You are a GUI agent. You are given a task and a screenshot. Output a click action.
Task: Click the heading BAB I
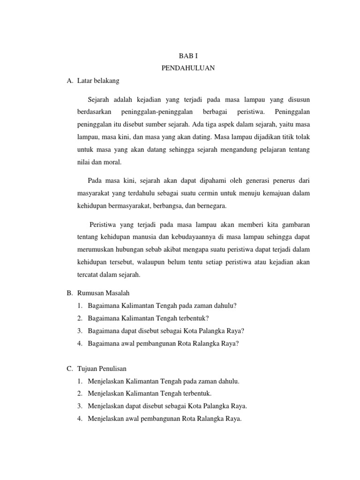pos(188,55)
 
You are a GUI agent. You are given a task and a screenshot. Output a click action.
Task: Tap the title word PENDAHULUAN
pos(188,68)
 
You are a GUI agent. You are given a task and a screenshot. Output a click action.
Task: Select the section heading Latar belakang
pos(98,81)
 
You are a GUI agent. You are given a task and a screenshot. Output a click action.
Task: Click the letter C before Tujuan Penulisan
pos(69,369)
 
